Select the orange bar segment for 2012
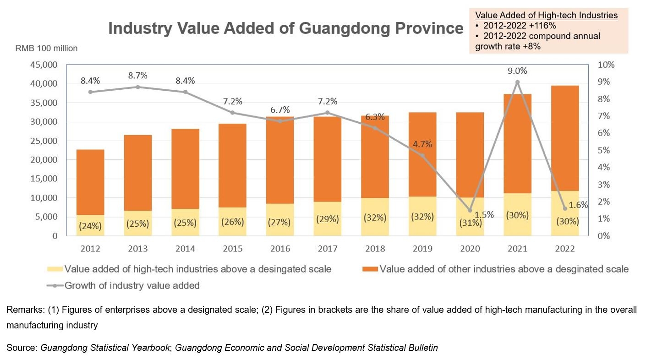pyautogui.click(x=90, y=182)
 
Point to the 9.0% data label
pyautogui.click(x=518, y=71)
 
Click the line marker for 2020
pyautogui.click(x=470, y=210)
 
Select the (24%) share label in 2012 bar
pyautogui.click(x=90, y=226)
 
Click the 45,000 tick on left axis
pyautogui.click(x=44, y=65)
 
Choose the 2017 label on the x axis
pyautogui.click(x=328, y=249)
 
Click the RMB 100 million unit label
pyautogui.click(x=46, y=48)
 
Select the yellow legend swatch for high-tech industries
pyautogui.click(x=55, y=269)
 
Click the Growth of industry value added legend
pyautogui.click(x=132, y=286)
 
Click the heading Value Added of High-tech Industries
pyautogui.click(x=546, y=16)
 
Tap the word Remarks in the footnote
pyautogui.click(x=25, y=310)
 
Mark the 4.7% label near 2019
pyautogui.click(x=422, y=144)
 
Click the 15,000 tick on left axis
pyautogui.click(x=44, y=179)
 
